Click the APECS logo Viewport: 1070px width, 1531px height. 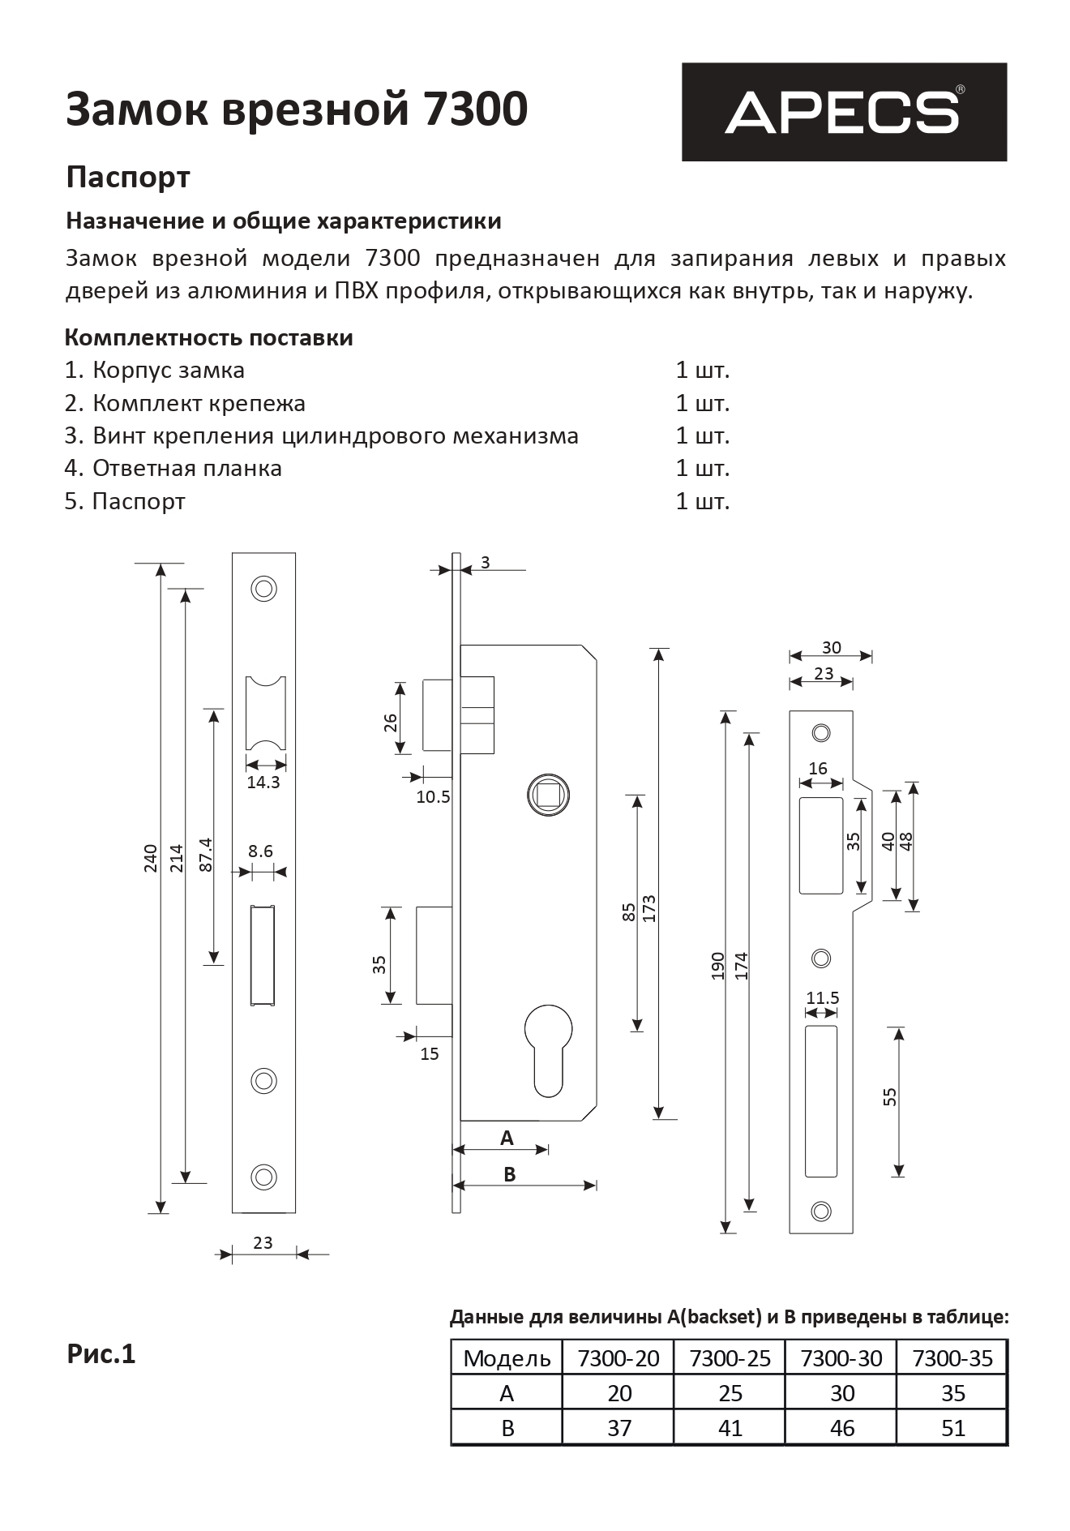click(843, 112)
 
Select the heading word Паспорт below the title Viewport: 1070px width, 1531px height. click(128, 177)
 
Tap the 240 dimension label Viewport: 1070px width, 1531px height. click(150, 858)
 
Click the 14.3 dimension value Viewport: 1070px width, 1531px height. click(263, 783)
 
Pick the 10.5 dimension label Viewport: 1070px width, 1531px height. click(433, 797)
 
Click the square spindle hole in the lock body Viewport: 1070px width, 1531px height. click(548, 795)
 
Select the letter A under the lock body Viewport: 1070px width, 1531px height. click(507, 1139)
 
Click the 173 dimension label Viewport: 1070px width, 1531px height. click(648, 910)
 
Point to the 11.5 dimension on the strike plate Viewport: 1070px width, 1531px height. click(822, 998)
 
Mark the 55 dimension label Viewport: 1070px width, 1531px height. click(890, 1097)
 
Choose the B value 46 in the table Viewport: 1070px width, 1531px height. click(841, 1428)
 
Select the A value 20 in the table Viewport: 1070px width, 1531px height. click(619, 1393)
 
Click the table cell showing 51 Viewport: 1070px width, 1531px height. click(952, 1428)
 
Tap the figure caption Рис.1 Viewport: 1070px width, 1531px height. click(101, 1354)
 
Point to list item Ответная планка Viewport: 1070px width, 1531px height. click(186, 469)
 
